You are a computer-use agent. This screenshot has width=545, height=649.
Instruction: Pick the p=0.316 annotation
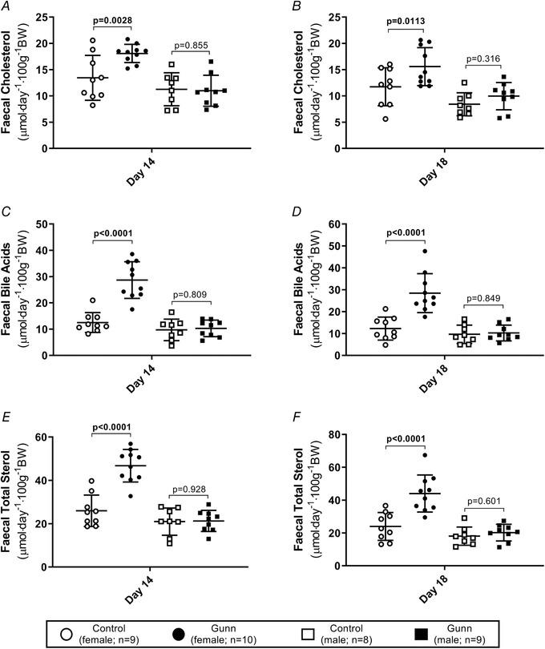[x=481, y=57]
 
